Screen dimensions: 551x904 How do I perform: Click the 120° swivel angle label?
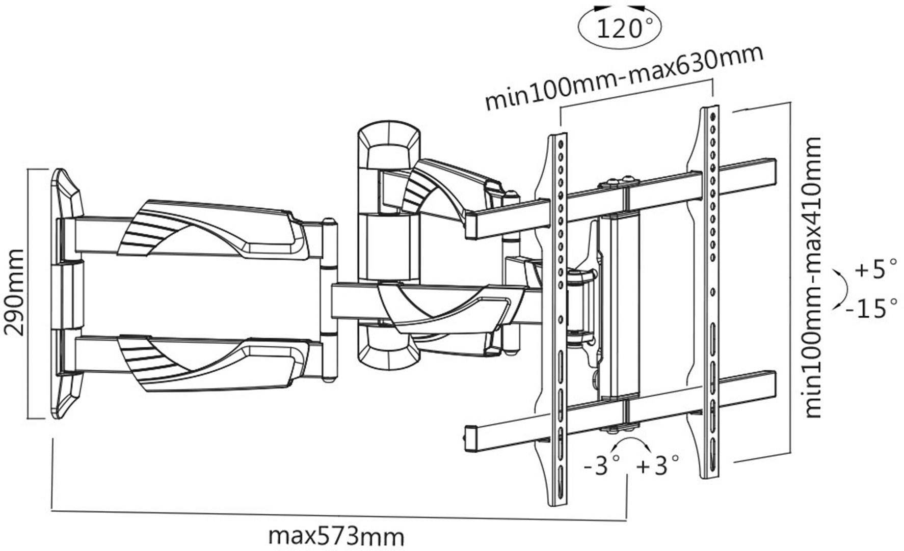619,28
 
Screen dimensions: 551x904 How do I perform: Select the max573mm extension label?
336,536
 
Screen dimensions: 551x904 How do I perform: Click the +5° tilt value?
874,269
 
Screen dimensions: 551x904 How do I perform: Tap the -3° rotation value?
601,464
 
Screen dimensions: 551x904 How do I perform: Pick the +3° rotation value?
658,464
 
